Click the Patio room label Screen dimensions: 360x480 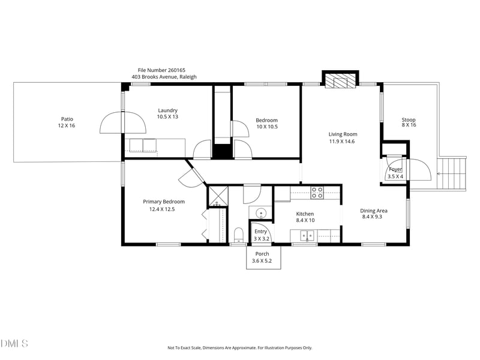click(x=67, y=119)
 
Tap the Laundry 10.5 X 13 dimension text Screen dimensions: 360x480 click(x=167, y=117)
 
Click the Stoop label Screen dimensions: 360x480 click(x=409, y=120)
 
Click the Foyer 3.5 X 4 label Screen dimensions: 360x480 click(x=395, y=173)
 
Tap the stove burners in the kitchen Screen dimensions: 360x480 click(x=317, y=193)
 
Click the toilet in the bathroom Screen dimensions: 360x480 click(x=238, y=234)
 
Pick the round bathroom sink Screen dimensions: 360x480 click(x=261, y=214)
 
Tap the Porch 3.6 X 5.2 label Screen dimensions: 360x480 click(x=263, y=257)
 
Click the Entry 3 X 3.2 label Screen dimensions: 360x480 click(x=260, y=235)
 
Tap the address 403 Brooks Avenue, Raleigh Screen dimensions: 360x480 click(x=164, y=77)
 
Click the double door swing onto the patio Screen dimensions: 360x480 click(x=123, y=123)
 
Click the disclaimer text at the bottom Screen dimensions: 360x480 click(x=239, y=348)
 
